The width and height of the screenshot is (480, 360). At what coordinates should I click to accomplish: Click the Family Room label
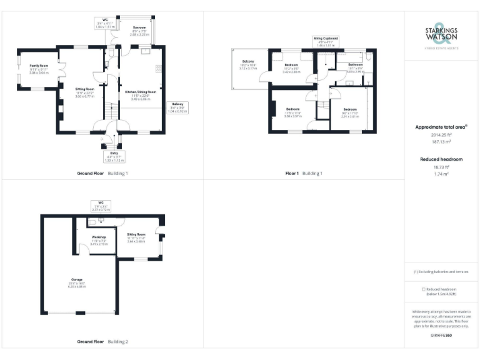coord(30,68)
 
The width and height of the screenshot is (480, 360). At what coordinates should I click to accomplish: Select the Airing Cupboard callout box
coord(327,41)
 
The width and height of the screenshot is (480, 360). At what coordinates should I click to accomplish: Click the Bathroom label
coord(356,68)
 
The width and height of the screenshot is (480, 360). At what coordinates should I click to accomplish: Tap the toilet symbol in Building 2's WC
coord(92,222)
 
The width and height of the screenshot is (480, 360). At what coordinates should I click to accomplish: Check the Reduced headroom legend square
coord(424,289)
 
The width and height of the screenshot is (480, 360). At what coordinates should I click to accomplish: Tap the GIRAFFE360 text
coord(441,336)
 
